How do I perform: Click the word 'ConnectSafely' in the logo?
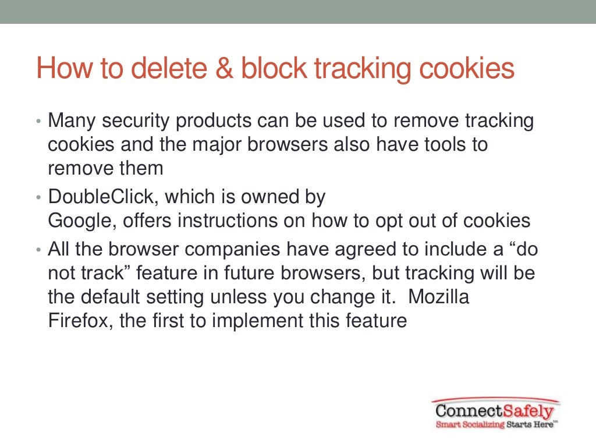pyautogui.click(x=495, y=411)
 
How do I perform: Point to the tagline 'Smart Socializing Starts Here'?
pyautogui.click(x=495, y=425)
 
